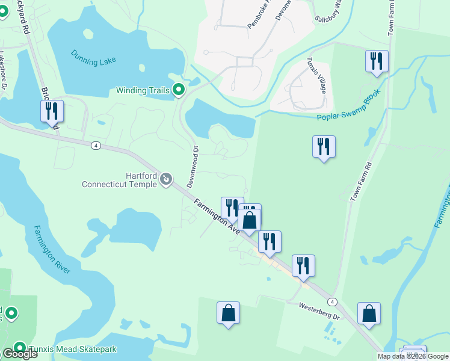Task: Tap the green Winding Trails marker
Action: (179, 90)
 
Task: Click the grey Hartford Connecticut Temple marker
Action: (167, 179)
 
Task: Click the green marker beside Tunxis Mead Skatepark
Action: (20, 348)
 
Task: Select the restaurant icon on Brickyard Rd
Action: (52, 111)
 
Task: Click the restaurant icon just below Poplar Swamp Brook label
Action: (324, 146)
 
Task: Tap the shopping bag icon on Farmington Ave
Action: (250, 220)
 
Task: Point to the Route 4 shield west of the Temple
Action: (95, 146)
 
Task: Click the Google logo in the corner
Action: (19, 354)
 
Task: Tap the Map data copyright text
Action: (413, 356)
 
